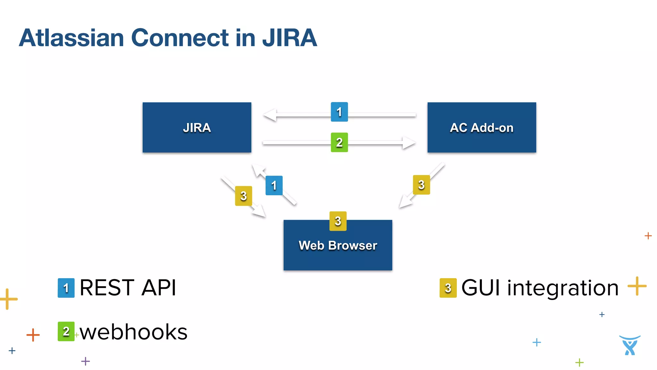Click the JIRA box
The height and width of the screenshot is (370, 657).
click(197, 128)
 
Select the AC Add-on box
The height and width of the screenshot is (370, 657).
click(482, 128)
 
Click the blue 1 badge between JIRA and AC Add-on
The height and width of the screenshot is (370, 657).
click(339, 112)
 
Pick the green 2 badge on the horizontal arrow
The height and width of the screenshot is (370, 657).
click(339, 142)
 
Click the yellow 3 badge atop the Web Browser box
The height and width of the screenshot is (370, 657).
click(338, 221)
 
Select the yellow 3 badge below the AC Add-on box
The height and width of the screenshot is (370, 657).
click(421, 185)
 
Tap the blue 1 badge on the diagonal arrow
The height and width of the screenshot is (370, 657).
click(274, 185)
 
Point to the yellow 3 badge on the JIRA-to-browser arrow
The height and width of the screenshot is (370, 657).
click(243, 196)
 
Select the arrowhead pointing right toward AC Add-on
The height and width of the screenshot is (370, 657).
click(409, 142)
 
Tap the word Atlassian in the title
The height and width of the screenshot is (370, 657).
click(72, 38)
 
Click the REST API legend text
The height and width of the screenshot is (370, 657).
click(128, 288)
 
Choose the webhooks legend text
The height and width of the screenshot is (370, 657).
click(133, 332)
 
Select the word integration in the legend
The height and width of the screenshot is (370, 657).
click(563, 288)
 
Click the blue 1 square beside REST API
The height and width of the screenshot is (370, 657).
click(66, 288)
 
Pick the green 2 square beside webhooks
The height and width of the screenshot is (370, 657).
click(66, 331)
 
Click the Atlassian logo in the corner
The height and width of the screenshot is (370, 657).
click(629, 345)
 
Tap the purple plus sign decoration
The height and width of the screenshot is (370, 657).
click(85, 361)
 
